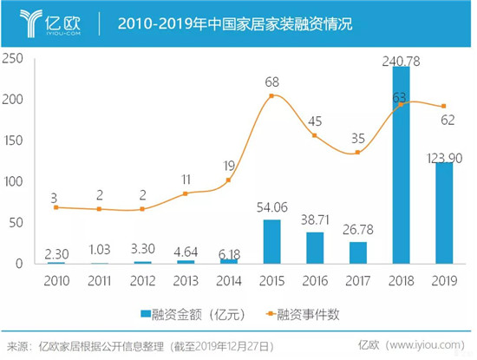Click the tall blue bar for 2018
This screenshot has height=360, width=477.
[x=401, y=165]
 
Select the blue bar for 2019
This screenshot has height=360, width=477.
[x=443, y=213]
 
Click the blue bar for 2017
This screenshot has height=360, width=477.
[x=357, y=252]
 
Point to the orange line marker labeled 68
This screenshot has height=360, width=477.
[x=272, y=95]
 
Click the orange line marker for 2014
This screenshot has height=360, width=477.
[x=229, y=180]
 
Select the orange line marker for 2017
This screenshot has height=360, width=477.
[x=357, y=153]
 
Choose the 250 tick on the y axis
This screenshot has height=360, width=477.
[x=12, y=58]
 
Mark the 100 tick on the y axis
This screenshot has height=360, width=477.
[x=12, y=181]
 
